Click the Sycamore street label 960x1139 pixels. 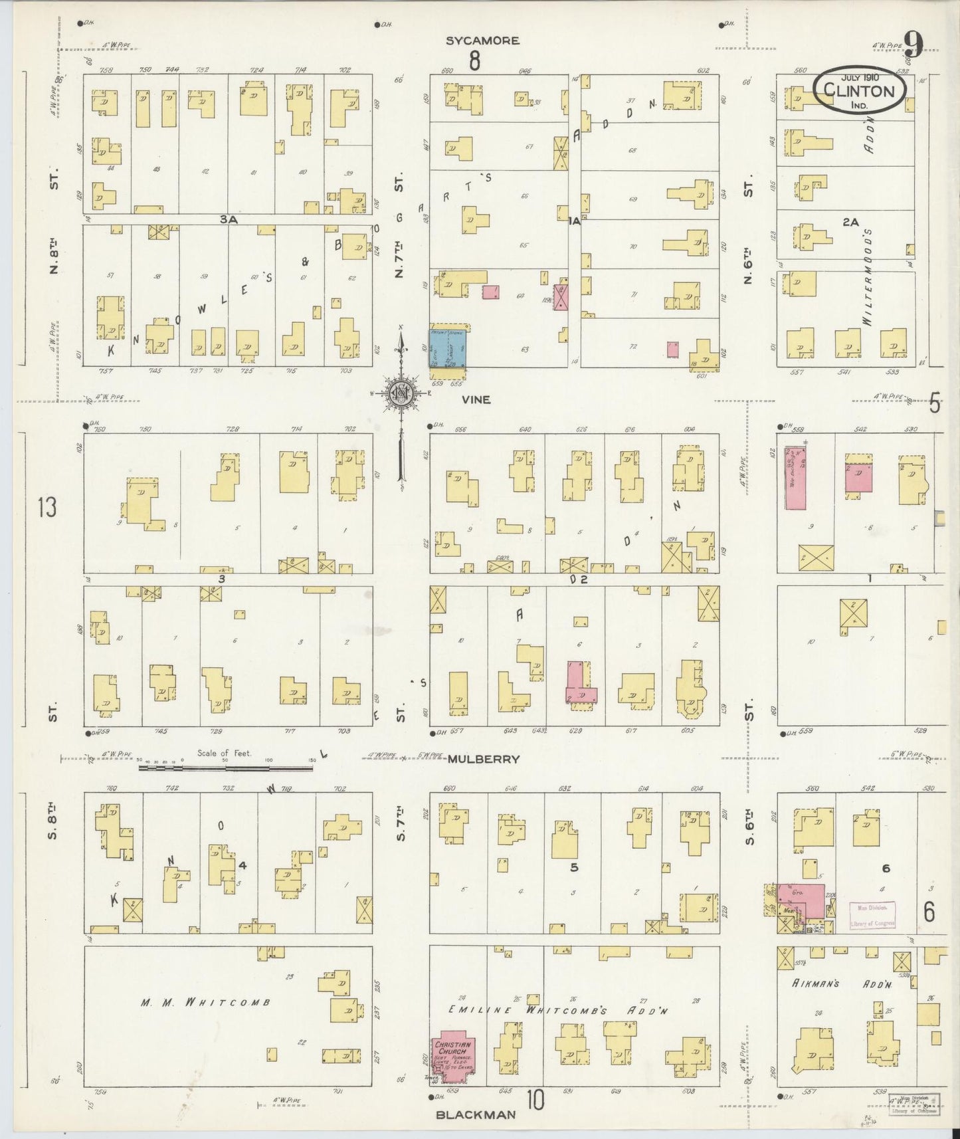coord(482,41)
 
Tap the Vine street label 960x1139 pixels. coord(477,400)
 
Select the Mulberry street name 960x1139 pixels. coord(483,759)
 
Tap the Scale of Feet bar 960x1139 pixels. coord(226,768)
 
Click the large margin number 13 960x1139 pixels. coord(47,508)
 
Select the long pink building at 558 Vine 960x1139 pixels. coord(795,478)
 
